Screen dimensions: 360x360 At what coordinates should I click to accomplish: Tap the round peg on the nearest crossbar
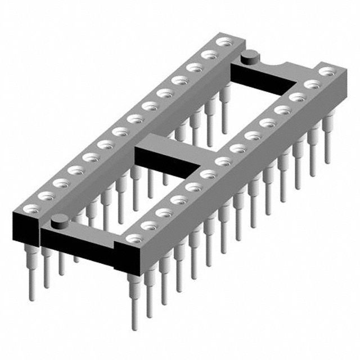(x=58, y=223)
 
